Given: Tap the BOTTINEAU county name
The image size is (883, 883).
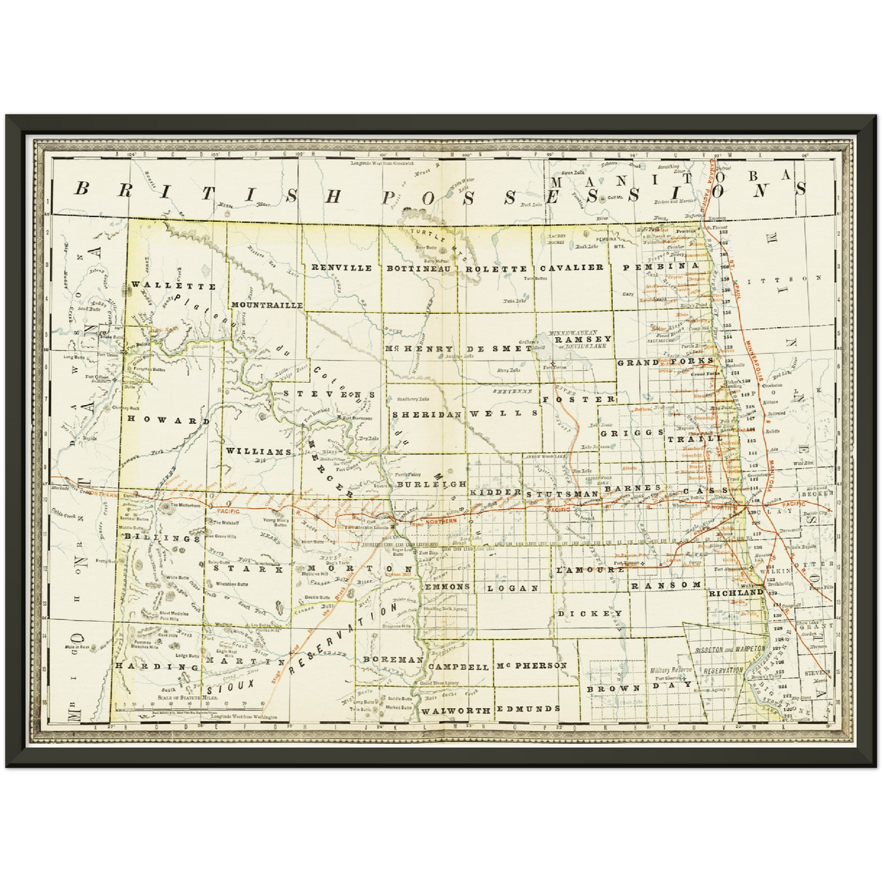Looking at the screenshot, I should point(419,268).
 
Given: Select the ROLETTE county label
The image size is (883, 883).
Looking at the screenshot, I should point(496,268).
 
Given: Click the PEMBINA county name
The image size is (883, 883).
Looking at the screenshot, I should point(661,266).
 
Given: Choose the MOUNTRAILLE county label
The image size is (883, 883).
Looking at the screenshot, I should point(267,304).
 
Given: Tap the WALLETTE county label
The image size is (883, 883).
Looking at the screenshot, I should point(174,285).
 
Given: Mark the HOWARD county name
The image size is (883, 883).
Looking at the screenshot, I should point(164,420).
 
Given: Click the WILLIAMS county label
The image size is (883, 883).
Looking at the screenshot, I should point(258,451).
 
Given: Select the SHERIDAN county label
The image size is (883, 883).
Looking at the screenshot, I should point(427,414).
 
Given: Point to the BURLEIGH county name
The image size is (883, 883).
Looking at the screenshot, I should point(431,484).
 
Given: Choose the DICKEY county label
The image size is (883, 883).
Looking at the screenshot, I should point(590,613).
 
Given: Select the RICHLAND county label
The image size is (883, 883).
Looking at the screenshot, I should point(736,592).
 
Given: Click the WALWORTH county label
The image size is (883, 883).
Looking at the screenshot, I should point(456,711).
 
